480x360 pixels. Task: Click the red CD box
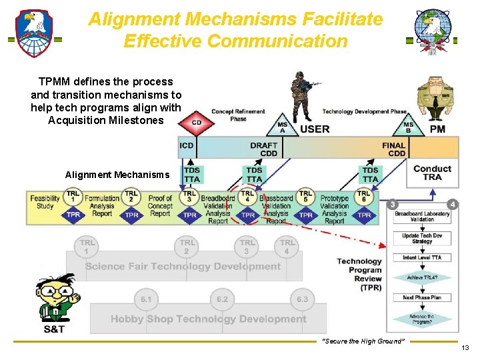(197, 122)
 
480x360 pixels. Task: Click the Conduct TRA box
(433, 173)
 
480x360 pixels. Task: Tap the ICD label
(186, 145)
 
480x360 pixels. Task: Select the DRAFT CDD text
(264, 149)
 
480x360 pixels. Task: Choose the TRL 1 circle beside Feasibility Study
(73, 196)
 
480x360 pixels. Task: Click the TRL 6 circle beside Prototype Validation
(363, 196)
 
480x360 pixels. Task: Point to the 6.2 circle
(222, 299)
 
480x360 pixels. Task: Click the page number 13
(465, 347)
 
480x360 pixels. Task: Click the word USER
(315, 129)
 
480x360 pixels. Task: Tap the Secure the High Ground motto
(363, 341)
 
